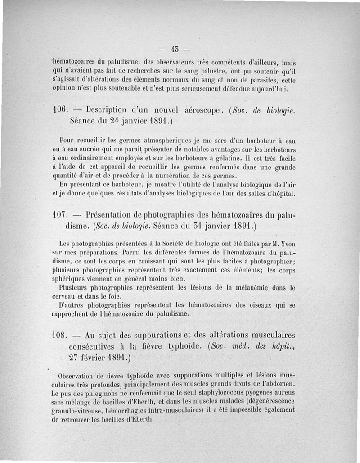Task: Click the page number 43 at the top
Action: click(x=175, y=48)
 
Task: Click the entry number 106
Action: click(x=59, y=110)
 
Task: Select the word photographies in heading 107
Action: click(x=175, y=213)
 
